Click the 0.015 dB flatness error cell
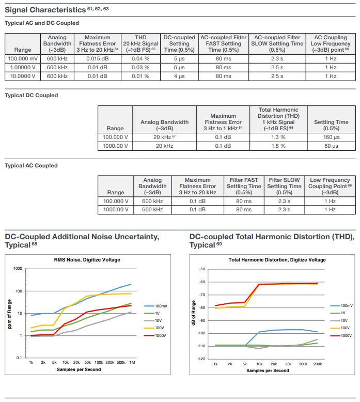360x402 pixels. coord(98,59)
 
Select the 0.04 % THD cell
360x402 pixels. coord(140,59)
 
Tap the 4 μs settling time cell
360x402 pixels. coord(179,76)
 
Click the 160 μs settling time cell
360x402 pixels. coord(331,137)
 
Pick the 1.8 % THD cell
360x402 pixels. coord(278,146)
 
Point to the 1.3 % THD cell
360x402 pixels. coord(278,137)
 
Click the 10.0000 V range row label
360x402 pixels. coord(23,76)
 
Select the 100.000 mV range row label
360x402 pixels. coord(23,59)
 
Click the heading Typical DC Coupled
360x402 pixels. coord(32,96)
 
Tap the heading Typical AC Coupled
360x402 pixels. coord(31,166)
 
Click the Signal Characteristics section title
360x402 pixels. coord(45,10)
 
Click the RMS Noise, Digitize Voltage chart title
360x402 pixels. coord(87,260)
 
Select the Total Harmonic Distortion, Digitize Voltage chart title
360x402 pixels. coord(277,260)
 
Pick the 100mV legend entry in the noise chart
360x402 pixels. coord(155,306)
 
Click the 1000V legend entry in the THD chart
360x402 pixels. coord(341,335)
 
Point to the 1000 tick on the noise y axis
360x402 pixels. coord(18,268)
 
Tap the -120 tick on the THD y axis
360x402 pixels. coord(201,359)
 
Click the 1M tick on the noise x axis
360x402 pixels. coord(132,363)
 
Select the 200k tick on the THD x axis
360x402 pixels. coord(318,364)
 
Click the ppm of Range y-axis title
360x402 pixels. coord(9,314)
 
